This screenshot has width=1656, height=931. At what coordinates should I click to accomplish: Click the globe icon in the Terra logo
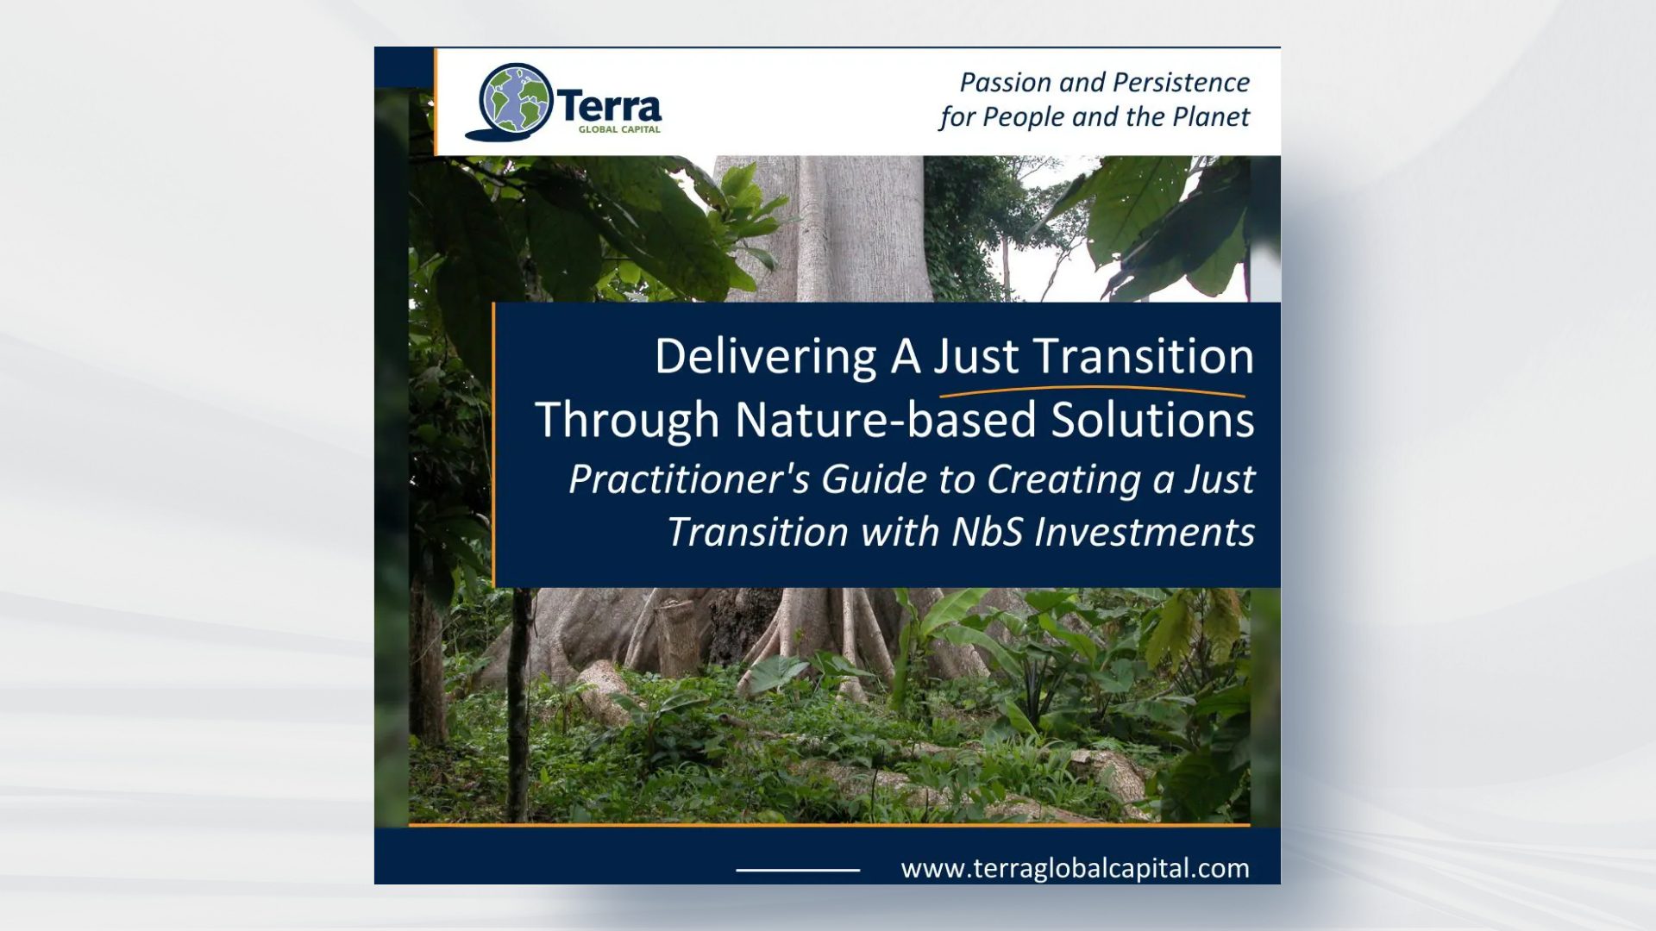(x=515, y=98)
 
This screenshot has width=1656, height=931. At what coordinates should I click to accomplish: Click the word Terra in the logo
(x=610, y=107)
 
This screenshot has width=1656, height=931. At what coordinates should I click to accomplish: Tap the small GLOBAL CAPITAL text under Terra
(x=619, y=130)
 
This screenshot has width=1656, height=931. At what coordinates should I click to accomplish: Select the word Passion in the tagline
(x=1006, y=83)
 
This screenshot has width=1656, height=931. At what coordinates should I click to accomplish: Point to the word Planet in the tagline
(x=1210, y=117)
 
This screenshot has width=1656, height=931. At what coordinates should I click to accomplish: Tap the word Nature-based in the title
(x=886, y=420)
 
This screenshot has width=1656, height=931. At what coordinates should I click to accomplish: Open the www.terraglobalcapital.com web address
(x=1075, y=868)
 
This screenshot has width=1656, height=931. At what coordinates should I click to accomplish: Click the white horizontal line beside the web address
(x=798, y=871)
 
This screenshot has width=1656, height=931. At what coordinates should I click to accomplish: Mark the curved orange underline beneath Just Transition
(x=1091, y=391)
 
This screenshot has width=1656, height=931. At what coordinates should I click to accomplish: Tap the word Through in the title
(x=627, y=420)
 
